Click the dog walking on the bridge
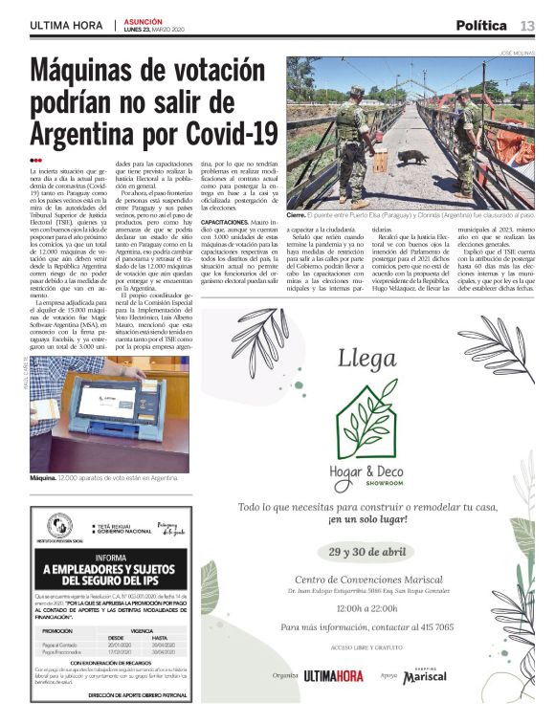coord(413,156)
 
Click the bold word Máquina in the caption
coord(43,476)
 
